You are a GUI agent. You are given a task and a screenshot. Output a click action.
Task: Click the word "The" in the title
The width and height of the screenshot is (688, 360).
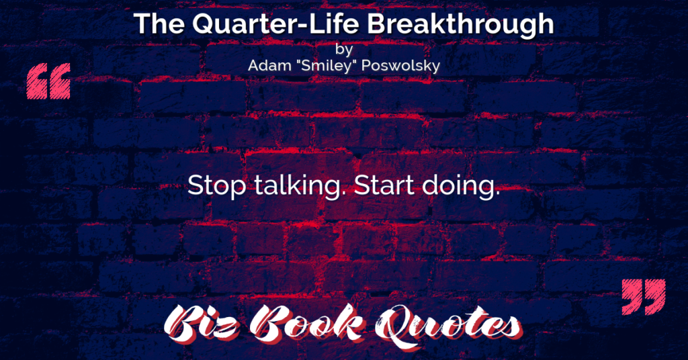pos(159,24)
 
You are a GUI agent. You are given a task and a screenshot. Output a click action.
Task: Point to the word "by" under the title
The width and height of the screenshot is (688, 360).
pos(343,49)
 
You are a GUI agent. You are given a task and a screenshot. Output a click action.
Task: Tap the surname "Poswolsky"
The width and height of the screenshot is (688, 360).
pos(401,66)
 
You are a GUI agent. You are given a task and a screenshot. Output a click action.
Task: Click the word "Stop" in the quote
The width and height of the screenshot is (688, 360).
pos(217,185)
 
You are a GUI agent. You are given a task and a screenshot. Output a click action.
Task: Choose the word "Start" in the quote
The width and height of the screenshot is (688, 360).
pos(384,185)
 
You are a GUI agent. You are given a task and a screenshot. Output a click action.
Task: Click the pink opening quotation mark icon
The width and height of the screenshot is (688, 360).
pos(48,81)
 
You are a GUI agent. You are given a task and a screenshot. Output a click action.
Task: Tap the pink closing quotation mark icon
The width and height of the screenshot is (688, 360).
pos(644,297)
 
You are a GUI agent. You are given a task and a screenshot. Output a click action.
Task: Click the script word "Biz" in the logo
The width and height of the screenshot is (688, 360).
pos(202,325)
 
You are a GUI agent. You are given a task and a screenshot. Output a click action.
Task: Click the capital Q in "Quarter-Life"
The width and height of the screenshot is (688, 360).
pos(204,24)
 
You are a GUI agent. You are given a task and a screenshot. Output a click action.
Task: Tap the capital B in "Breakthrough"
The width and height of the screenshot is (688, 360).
pos(377,24)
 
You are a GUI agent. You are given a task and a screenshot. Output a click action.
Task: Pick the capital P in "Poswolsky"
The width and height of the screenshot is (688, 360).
pos(368,66)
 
